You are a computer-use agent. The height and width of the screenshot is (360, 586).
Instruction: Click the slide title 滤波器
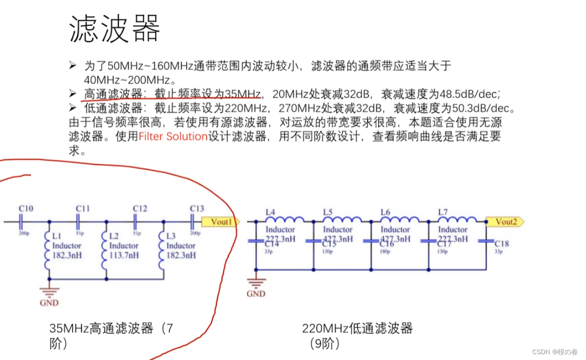point(115,29)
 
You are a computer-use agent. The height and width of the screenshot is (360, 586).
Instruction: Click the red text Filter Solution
point(173,137)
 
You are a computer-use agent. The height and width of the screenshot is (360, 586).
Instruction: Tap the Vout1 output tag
point(221,222)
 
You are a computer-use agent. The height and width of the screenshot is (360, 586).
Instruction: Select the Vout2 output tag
point(506,222)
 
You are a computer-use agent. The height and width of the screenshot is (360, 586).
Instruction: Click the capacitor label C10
point(26,209)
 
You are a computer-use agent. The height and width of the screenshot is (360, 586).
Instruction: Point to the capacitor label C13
point(196,208)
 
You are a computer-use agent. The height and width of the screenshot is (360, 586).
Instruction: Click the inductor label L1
point(56,236)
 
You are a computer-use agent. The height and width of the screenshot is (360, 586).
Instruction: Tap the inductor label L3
point(170,236)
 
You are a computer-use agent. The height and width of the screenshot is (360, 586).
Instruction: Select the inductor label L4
point(270,212)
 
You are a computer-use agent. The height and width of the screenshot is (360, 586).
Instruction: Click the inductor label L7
point(442,212)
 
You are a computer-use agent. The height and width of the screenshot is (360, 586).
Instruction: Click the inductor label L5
point(327,212)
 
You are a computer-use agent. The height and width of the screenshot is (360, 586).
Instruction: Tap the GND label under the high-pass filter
point(49,303)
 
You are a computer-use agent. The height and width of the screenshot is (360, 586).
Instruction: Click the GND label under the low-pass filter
point(256,294)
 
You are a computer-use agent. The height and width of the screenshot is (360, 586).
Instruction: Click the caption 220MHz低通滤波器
point(357,329)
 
